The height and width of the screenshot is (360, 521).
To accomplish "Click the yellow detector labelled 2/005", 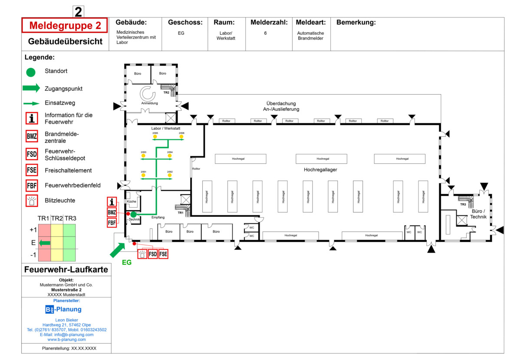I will pyautogui.click(x=155, y=137).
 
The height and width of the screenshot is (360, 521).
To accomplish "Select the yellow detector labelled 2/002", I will pyautogui.click(x=170, y=175).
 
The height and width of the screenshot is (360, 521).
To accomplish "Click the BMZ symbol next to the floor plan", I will pyautogui.click(x=112, y=212).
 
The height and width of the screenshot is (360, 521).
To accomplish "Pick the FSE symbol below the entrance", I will pyautogui.click(x=163, y=254).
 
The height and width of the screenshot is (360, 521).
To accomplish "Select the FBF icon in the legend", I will pyautogui.click(x=32, y=185).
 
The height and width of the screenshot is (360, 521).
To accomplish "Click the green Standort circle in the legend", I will pyautogui.click(x=31, y=72).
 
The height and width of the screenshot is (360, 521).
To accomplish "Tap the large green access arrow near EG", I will pyautogui.click(x=118, y=250).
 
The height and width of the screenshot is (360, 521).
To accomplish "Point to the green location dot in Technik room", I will pyautogui.click(x=134, y=214).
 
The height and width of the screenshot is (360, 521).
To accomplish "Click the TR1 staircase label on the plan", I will pyautogui.click(x=181, y=213).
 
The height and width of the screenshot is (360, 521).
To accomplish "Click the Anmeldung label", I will pyautogui.click(x=149, y=103).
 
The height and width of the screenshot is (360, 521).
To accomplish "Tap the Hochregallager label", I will pyautogui.click(x=320, y=170).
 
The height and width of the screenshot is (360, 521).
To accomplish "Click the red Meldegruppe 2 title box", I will pyautogui.click(x=64, y=26).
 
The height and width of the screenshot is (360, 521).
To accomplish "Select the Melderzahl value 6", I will pyautogui.click(x=265, y=33).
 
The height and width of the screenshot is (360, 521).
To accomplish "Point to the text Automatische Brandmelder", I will pyautogui.click(x=310, y=36).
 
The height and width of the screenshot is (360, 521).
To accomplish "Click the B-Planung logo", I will pyautogui.click(x=63, y=310).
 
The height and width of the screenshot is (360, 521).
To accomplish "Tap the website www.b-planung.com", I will pyautogui.click(x=66, y=340).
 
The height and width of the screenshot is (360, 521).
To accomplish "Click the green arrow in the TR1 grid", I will pyautogui.click(x=45, y=243).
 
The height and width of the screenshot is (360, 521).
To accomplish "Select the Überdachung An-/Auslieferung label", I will pyautogui.click(x=281, y=106).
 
